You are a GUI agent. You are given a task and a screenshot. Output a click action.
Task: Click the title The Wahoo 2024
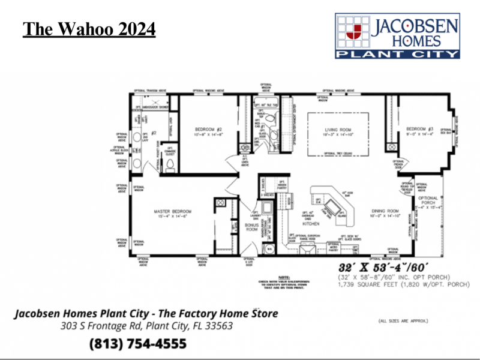89,28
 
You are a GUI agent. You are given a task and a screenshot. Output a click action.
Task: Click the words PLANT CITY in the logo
397,53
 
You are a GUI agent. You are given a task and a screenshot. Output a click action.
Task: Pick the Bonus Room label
252,227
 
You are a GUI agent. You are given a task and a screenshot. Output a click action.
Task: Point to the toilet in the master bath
170,164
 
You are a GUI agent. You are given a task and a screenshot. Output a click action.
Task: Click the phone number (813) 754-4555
137,344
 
